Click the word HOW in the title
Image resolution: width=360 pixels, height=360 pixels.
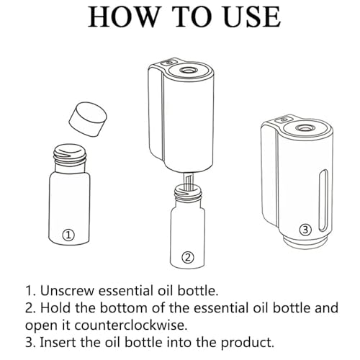pos(122,17)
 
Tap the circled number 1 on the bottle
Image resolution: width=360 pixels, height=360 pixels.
pos(68,235)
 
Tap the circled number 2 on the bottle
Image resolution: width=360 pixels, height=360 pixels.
pos(188,257)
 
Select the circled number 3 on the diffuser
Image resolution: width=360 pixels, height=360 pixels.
pos(305,230)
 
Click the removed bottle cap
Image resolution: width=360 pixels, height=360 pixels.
pos(88,120)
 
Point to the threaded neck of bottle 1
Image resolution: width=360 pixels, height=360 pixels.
pos(70,154)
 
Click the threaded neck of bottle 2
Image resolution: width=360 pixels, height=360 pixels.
pos(188,192)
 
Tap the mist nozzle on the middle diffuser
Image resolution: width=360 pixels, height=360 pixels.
pos(188,70)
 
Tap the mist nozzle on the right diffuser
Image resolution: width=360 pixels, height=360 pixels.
pos(303,128)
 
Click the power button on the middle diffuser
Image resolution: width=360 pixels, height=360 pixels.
pos(168,62)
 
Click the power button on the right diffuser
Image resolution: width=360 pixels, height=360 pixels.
pos(284,120)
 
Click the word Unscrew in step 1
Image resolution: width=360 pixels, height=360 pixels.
pos(68,291)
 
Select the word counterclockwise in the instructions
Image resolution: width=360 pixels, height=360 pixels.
pos(130,325)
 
